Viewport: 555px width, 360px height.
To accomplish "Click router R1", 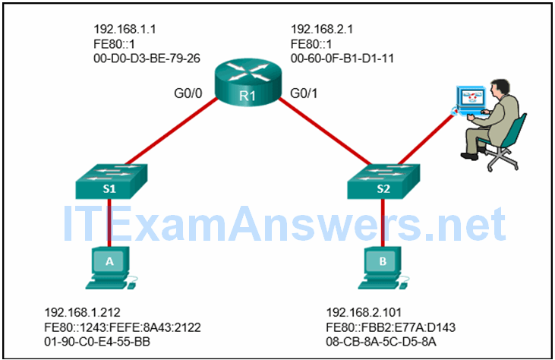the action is pos(246,88).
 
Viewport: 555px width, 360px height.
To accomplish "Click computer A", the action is pos(108,266).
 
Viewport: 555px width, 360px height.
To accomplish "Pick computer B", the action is pos(383,266).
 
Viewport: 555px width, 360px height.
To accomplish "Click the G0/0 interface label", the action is pos(189,95).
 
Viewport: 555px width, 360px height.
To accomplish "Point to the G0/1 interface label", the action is pos(305,95).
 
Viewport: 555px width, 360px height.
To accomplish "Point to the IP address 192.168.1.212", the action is pos(81,313).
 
